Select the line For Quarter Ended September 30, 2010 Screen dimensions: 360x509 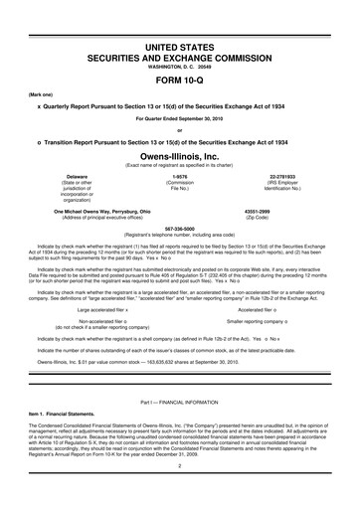pyautogui.click(x=180, y=119)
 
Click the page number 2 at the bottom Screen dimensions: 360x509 pyautogui.click(x=180, y=491)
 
